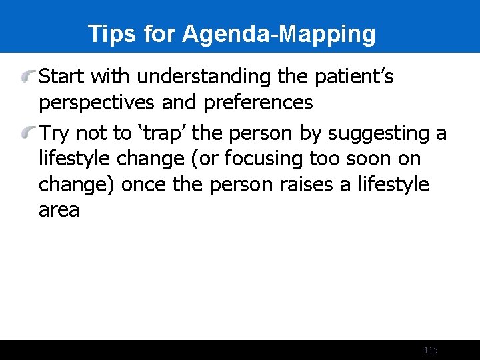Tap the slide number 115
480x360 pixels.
pos(431,351)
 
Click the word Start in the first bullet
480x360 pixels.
pos(62,77)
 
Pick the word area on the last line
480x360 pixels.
pos(59,211)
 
